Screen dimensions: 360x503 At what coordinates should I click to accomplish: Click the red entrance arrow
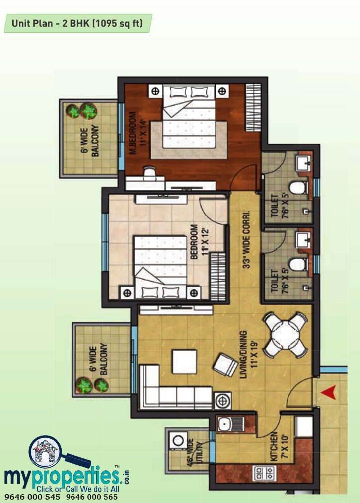pos(328,392)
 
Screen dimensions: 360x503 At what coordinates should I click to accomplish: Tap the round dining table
pos(285,335)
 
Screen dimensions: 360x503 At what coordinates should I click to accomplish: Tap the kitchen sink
pos(231,425)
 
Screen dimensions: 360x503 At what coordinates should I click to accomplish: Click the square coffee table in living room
pos(185,361)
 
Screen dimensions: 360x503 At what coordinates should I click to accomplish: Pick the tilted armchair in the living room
pos(225,365)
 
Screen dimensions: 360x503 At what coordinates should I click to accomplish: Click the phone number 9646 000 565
pos(92,497)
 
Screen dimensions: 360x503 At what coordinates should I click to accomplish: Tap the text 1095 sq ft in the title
pos(117,23)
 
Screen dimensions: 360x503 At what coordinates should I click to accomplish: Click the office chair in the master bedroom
pos(149,174)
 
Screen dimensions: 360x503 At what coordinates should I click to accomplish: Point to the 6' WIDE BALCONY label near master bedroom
pos(90,141)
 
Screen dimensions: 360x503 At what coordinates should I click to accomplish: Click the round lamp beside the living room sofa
pos(222,401)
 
